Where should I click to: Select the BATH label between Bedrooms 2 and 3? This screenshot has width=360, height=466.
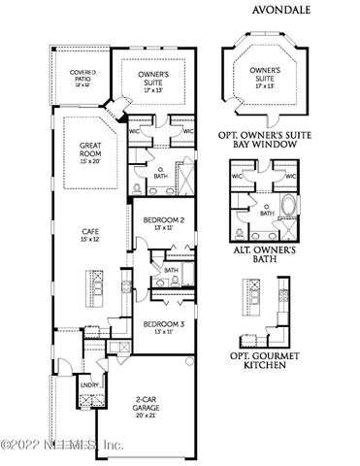tap(171, 271)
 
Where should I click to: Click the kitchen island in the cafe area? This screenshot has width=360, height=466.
tap(95, 285)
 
